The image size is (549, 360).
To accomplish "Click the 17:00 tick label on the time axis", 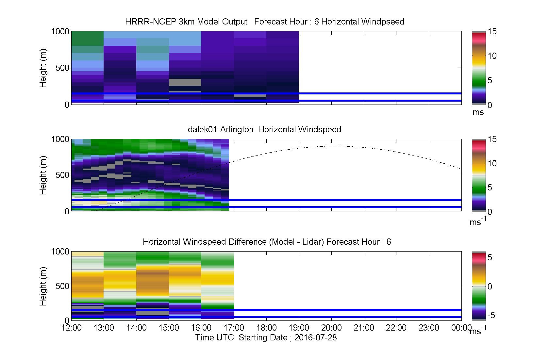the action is [x=234, y=328].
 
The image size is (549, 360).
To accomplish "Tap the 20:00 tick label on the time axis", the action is [x=331, y=328].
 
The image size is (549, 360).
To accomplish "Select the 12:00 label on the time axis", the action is [x=71, y=328].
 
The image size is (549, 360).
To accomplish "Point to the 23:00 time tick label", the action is [x=429, y=328].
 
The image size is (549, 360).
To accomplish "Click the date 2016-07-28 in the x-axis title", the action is [x=315, y=337].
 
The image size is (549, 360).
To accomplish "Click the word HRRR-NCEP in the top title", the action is [x=151, y=22].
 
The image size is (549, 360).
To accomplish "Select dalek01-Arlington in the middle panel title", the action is [x=221, y=129].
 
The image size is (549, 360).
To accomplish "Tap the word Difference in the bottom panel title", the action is [x=247, y=242].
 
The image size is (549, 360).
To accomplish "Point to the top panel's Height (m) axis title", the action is [x=42, y=68].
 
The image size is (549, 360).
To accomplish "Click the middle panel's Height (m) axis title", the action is [x=42, y=175].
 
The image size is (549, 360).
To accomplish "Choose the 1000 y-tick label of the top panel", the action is [x=60, y=32].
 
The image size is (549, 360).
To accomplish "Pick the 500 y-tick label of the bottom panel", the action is [x=62, y=286].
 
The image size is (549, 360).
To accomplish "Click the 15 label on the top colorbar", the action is [x=492, y=32].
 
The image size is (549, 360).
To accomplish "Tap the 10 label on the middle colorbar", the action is [x=492, y=163].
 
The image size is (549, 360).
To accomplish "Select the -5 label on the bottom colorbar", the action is [x=491, y=315].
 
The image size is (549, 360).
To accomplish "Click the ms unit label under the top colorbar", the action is [x=478, y=112].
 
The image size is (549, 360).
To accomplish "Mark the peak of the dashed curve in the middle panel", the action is [x=338, y=146].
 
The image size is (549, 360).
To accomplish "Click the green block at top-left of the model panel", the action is [x=88, y=39].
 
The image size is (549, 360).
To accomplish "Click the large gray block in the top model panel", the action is [x=185, y=82].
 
